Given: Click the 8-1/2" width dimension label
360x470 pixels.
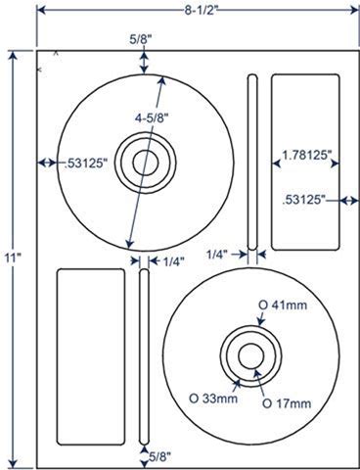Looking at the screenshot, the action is click(x=201, y=11).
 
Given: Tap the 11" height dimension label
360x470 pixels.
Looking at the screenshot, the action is click(x=14, y=258).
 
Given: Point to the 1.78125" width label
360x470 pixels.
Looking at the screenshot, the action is click(x=304, y=155).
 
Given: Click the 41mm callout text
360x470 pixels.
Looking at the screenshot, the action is click(x=283, y=305).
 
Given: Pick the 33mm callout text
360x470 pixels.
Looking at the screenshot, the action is click(x=213, y=399).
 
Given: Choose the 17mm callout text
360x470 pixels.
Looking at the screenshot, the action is click(x=287, y=403).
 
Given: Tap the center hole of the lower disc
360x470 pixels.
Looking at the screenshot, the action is click(x=251, y=356).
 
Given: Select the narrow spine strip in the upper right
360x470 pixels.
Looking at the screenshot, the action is click(x=252, y=163).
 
